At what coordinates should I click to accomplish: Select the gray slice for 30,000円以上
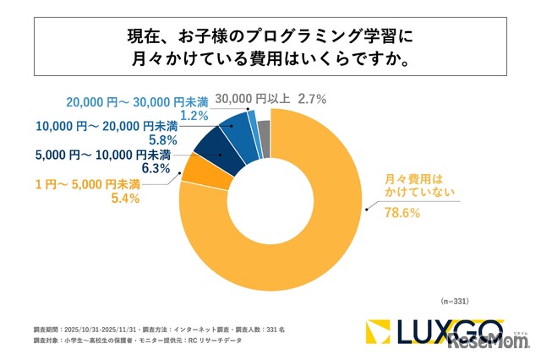[264, 128]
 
